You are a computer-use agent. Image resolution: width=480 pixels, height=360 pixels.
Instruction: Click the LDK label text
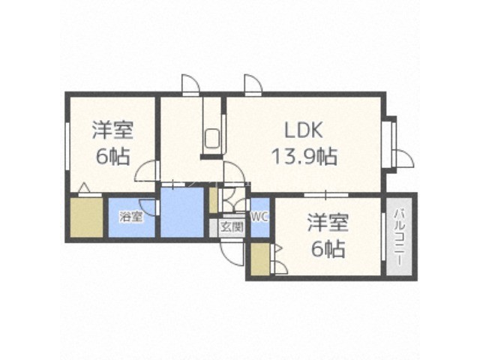304,130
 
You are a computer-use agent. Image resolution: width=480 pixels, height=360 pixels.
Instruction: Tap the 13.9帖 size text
305,156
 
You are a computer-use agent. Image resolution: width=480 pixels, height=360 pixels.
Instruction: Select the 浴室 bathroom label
131,217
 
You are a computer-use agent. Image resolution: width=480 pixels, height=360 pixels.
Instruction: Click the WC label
260,217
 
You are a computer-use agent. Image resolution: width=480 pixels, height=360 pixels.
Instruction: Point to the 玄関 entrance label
232,226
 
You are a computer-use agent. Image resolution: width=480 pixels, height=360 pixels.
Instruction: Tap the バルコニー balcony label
398,237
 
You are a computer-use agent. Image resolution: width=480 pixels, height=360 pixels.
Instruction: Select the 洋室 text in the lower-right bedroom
328,223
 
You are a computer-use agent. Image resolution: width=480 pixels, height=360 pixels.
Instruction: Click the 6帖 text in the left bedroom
112,156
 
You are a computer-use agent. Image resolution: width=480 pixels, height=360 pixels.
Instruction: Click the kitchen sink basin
212,139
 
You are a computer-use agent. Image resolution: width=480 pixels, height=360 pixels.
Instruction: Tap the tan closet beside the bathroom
86,217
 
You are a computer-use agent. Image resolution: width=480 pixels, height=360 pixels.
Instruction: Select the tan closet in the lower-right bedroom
260,259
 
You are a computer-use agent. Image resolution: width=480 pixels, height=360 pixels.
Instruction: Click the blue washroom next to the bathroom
182,212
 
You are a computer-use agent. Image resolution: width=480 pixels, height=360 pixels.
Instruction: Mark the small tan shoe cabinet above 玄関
213,200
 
